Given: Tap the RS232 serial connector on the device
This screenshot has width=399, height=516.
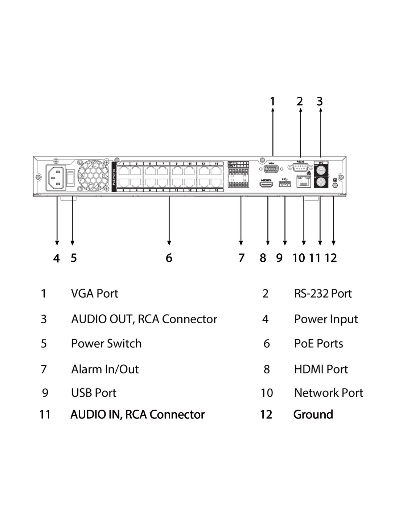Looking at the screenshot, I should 300,167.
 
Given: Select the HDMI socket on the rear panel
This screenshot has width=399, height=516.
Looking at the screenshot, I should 267,185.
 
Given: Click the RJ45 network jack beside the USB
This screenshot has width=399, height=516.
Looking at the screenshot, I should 304,182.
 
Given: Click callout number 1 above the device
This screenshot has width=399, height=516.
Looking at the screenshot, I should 273,101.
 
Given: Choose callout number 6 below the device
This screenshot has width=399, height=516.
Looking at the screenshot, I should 169,258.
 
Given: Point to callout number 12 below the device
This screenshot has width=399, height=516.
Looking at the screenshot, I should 331,258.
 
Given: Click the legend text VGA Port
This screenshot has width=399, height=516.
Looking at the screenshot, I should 95,293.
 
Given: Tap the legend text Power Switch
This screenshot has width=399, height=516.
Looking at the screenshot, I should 106,343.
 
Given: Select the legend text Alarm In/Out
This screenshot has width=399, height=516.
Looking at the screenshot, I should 105,369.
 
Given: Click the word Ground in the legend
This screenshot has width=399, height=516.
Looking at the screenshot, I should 313,414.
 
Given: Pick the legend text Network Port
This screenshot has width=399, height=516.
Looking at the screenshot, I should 329,393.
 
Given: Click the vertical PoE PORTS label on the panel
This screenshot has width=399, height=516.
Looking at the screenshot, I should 114,177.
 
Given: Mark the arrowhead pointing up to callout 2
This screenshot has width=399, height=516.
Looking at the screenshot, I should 301,110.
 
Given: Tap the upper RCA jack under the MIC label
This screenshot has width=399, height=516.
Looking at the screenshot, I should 321,169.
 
